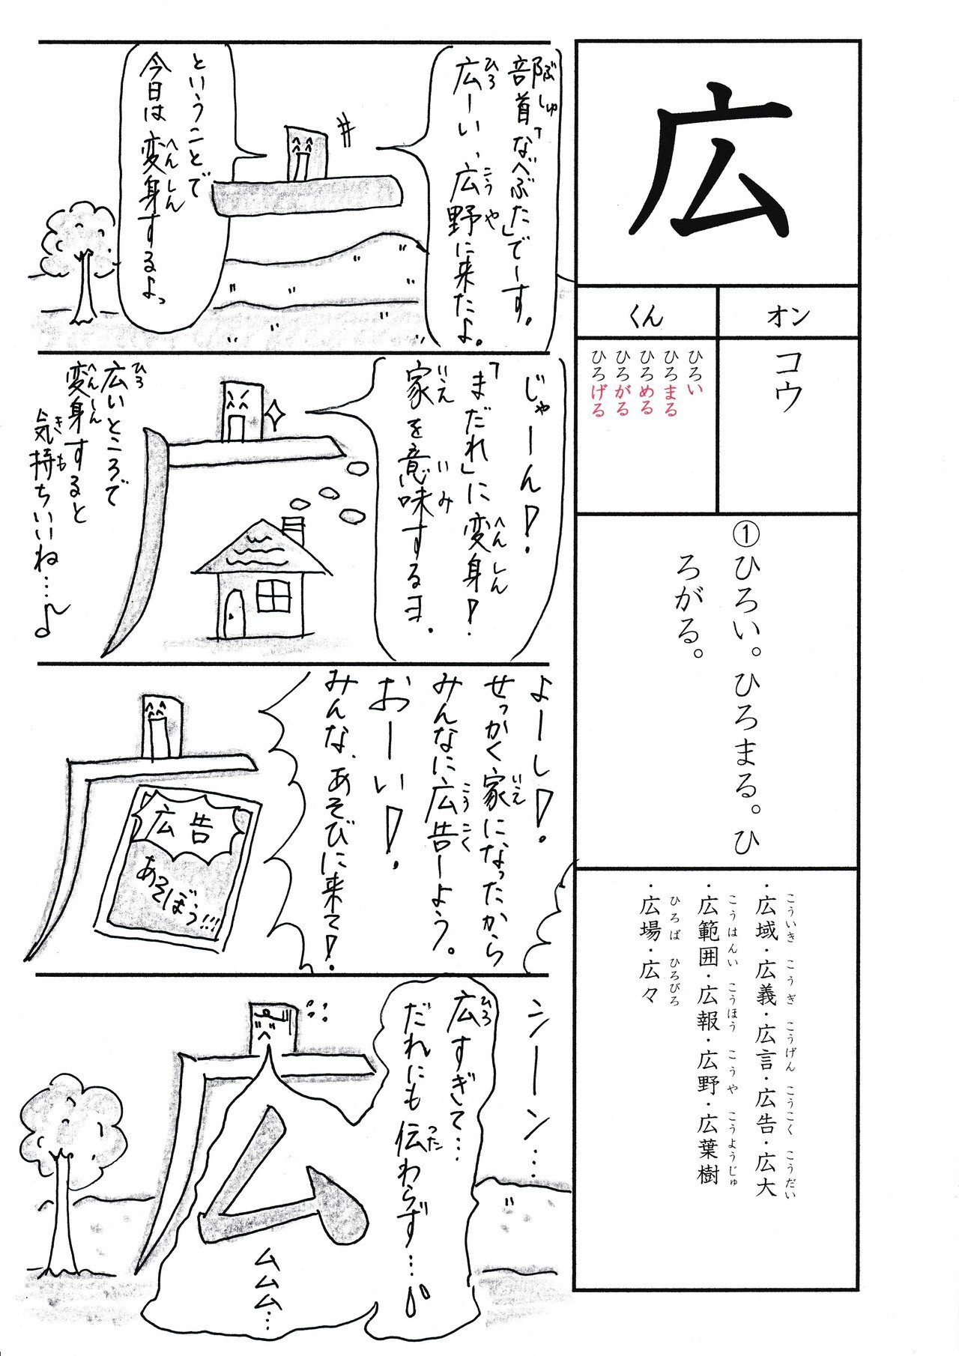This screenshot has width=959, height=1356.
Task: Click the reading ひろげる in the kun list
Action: (x=598, y=394)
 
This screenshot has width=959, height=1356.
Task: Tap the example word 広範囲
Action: (x=707, y=929)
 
